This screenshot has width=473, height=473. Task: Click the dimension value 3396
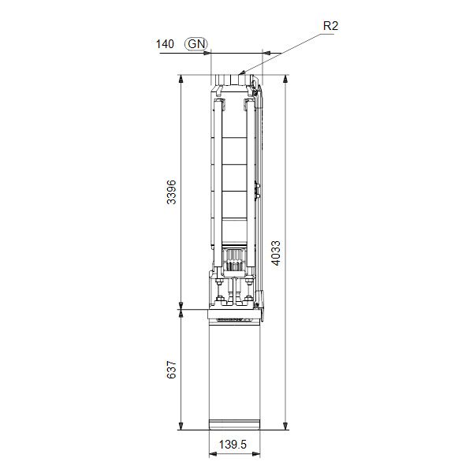click(x=171, y=193)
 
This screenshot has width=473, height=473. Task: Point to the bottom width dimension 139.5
click(x=233, y=445)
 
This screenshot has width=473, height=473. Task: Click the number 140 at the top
click(x=165, y=44)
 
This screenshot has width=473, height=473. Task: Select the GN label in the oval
click(x=196, y=44)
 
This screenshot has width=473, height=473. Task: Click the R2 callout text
click(x=332, y=26)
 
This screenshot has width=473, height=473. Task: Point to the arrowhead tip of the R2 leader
click(x=239, y=76)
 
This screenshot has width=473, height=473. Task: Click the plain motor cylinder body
click(x=233, y=371)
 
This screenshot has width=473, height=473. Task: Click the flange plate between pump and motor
click(x=234, y=313)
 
